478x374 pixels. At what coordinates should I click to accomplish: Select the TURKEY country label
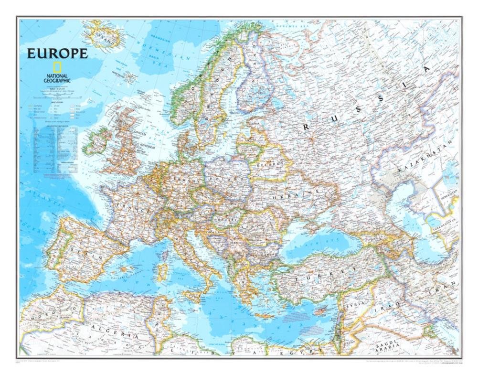(324, 275)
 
